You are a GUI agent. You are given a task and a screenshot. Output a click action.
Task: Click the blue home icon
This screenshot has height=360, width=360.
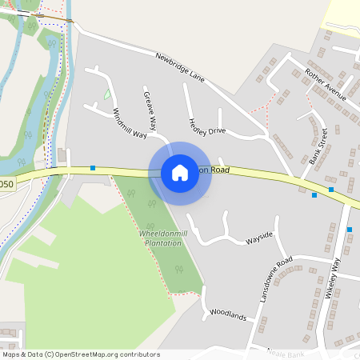(180, 172)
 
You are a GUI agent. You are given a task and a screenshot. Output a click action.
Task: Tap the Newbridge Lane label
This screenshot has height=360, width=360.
(180, 68)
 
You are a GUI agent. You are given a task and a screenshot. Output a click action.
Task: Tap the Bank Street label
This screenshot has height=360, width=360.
(318, 146)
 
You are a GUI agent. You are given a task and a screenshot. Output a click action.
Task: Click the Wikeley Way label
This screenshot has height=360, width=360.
(334, 280)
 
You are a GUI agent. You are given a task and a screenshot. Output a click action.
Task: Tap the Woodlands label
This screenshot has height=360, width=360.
(228, 314)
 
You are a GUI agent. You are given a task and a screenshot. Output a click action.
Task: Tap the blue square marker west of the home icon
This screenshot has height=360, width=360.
(93, 168)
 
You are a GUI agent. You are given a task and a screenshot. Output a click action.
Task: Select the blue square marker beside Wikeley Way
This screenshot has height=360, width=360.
(350, 230)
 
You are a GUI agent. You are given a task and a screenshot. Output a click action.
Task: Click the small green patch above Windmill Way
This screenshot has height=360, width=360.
(107, 94)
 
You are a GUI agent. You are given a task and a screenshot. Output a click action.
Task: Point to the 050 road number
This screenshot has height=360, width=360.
(6, 184)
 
